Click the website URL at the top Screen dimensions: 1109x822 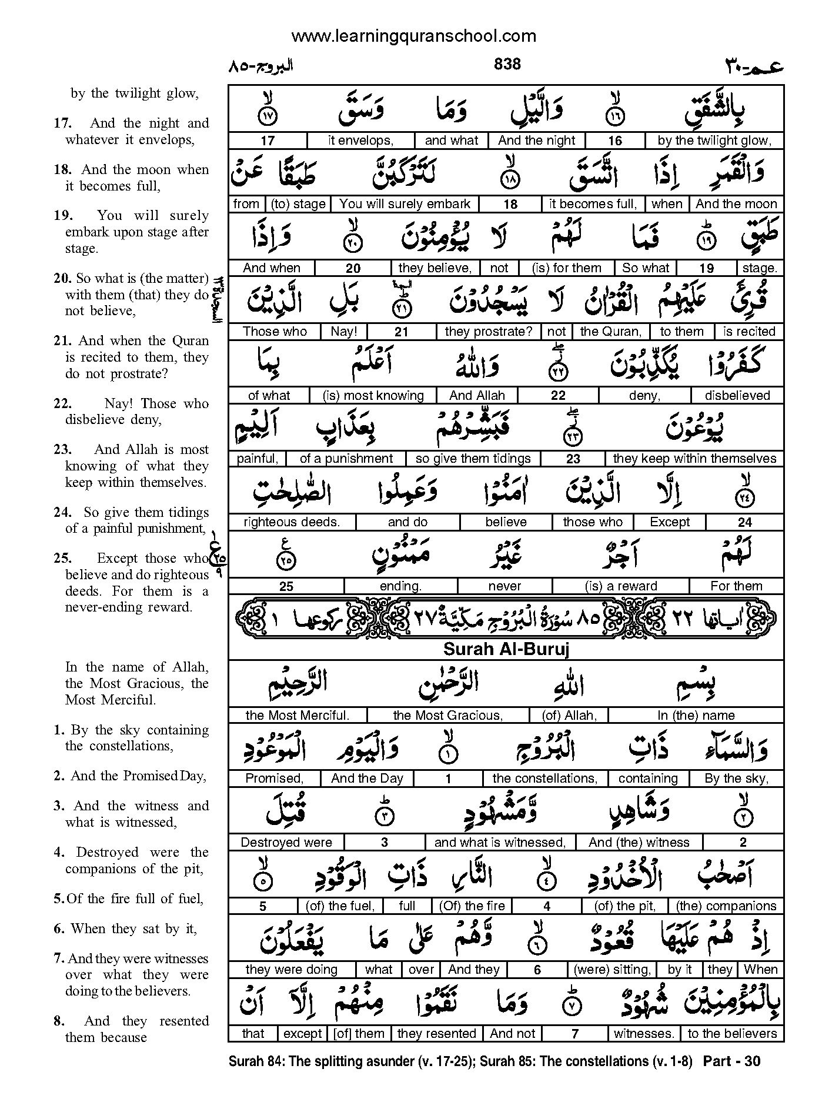point(413,36)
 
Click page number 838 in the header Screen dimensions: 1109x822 point(507,64)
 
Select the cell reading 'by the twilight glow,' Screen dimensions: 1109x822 point(714,141)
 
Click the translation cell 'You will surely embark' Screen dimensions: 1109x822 point(405,204)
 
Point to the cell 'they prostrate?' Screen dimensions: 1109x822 point(488,332)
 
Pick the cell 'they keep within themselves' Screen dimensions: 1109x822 point(694,459)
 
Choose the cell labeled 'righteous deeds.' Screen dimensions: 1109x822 point(291,522)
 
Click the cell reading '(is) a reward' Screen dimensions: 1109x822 point(621,586)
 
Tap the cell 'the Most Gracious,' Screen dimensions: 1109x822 point(447,716)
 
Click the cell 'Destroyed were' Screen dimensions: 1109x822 point(286,843)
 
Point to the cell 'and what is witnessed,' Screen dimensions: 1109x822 point(500,843)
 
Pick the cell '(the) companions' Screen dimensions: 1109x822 point(726,906)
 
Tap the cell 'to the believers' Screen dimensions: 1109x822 point(732,1034)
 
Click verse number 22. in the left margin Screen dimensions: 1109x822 point(62,404)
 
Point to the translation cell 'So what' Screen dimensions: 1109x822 point(646,268)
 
